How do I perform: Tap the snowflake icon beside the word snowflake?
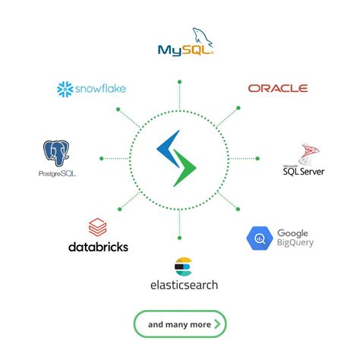pos(65,89)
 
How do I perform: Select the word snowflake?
pos(100,89)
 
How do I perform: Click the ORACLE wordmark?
pos(278,88)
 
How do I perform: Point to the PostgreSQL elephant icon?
pos(57,152)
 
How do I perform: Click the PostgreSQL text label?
pos(57,173)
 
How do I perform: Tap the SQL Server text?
pos(304,172)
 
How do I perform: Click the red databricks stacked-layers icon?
pos(97,226)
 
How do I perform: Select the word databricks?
pos(98,247)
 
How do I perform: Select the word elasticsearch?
pos(183,285)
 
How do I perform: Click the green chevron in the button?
pos(217,324)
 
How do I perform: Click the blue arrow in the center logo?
pos(168,149)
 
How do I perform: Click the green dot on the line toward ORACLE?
pos(238,108)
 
